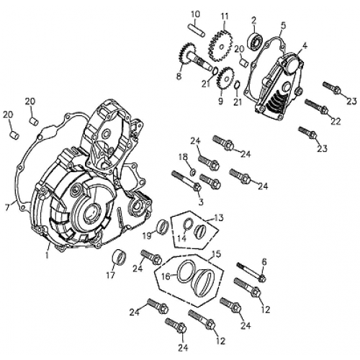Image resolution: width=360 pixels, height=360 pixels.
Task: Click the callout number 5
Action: [x=283, y=25]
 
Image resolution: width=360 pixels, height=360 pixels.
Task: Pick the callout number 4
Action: [x=305, y=45]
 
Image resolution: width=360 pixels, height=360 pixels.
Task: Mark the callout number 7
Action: [x=6, y=207]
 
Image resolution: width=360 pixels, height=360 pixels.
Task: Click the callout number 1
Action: [x=48, y=253]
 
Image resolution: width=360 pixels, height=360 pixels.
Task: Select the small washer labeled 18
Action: [x=193, y=170]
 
